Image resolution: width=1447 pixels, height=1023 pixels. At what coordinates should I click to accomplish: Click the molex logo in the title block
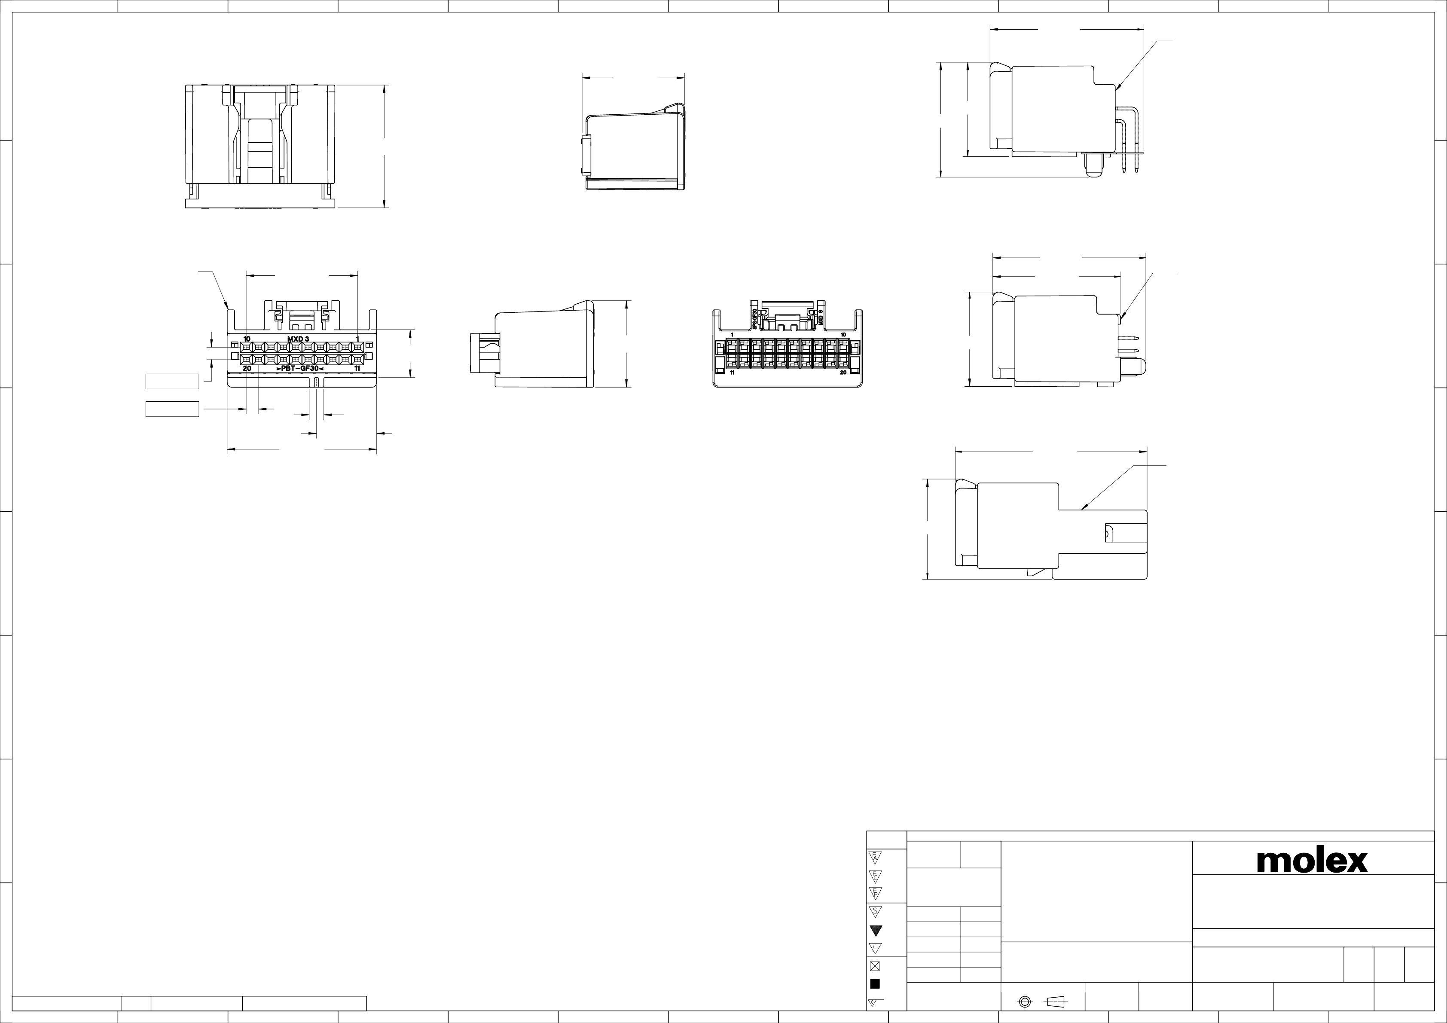click(x=1312, y=861)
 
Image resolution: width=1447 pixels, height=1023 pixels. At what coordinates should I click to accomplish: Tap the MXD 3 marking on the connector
click(x=298, y=339)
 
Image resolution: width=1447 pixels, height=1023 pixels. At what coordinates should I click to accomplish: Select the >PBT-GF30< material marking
click(x=300, y=368)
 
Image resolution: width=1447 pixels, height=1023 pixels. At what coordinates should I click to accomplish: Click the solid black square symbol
click(x=875, y=984)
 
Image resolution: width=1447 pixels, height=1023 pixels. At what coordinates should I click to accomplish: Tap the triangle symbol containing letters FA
click(x=875, y=857)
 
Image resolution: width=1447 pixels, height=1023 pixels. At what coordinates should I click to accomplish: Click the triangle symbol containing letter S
click(x=875, y=911)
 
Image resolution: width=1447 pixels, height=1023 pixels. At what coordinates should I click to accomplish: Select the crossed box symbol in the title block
click(x=875, y=965)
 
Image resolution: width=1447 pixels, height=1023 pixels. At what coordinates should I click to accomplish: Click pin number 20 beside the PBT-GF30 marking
click(x=247, y=368)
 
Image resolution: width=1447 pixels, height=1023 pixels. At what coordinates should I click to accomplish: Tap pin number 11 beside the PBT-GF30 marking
click(x=357, y=368)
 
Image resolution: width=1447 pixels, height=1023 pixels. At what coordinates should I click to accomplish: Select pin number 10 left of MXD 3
click(x=247, y=339)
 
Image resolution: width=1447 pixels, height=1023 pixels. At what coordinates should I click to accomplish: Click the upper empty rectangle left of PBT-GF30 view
click(x=172, y=382)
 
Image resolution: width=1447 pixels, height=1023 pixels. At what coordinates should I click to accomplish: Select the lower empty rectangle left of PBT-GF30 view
click(x=172, y=409)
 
